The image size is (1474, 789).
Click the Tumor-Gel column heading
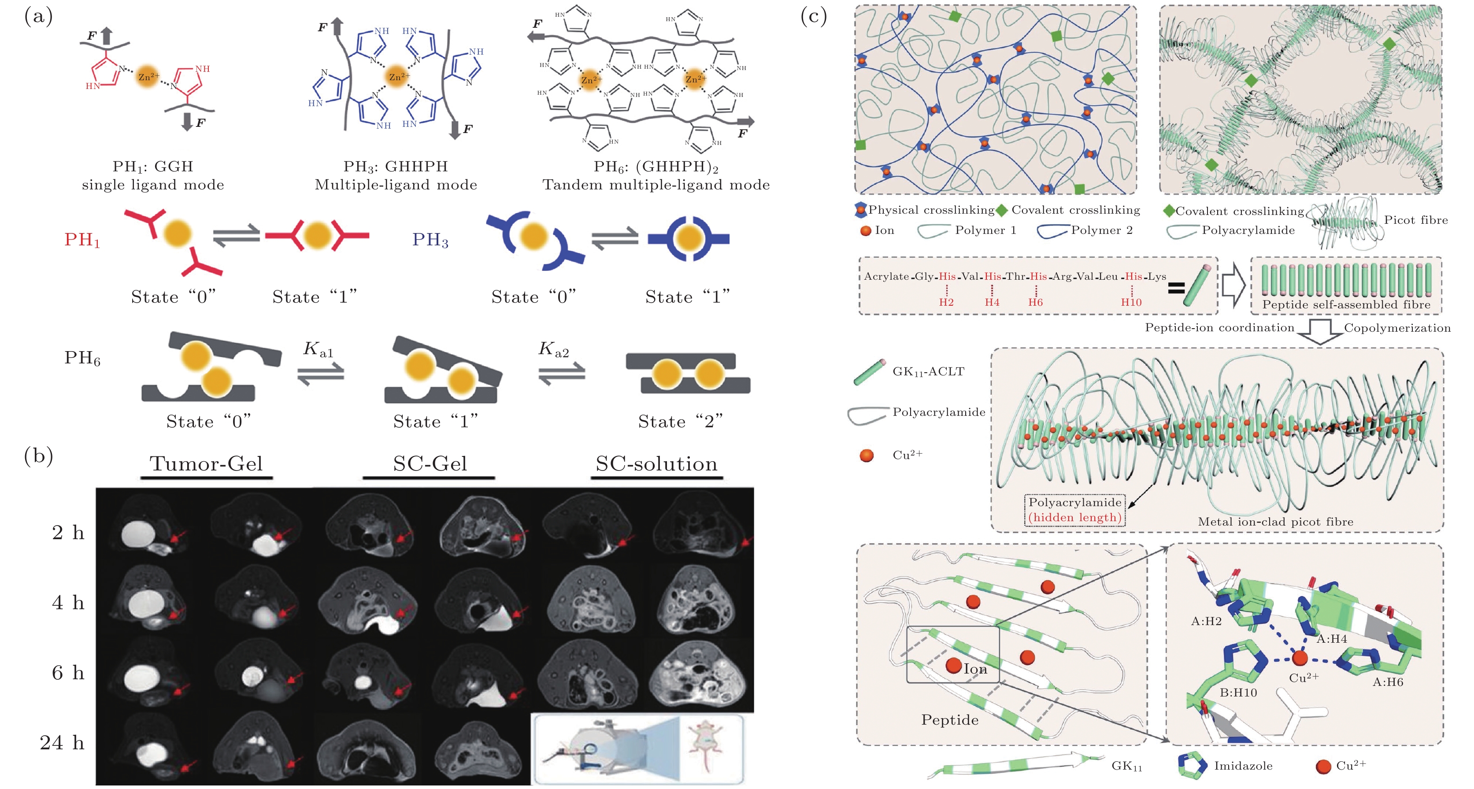[206, 463]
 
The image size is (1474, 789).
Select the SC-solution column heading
[656, 463]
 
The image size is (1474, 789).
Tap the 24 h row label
[62, 743]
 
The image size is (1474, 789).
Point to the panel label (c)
[813, 16]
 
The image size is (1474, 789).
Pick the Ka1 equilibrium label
[318, 349]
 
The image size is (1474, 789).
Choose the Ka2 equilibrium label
[553, 349]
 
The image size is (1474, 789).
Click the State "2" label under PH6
[680, 422]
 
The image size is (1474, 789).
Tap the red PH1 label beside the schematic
[82, 240]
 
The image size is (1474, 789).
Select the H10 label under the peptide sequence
[1131, 302]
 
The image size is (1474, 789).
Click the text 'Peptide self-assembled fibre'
[1346, 304]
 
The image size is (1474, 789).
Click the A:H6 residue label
[1388, 682]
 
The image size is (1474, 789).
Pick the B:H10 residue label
[1238, 693]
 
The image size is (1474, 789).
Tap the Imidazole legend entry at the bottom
[1243, 766]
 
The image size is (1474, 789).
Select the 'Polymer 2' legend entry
[1101, 230]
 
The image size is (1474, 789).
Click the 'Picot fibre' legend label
[1416, 220]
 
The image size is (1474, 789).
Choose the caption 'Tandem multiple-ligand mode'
[656, 185]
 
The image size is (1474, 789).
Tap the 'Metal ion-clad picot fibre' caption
[1275, 522]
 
